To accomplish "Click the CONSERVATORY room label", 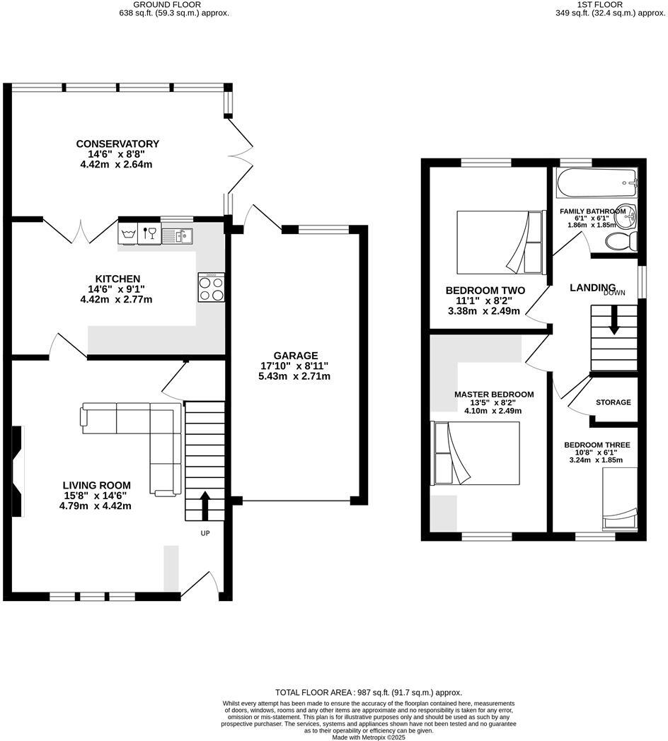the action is click(117, 144).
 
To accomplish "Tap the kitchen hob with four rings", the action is click(211, 287).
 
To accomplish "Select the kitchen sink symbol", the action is click(177, 235).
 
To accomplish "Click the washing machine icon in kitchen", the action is click(128, 233).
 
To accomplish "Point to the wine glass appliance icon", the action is click(149, 233).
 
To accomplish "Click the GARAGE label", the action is click(296, 356).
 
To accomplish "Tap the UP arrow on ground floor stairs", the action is click(205, 506).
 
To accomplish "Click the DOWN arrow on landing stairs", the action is click(614, 320).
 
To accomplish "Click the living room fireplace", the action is click(18, 471).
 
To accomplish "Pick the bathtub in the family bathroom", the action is click(597, 183).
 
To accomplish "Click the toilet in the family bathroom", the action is click(621, 242).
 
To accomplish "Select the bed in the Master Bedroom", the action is click(475, 453).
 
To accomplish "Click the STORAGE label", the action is click(613, 402).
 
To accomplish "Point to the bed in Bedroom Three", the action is click(620, 498).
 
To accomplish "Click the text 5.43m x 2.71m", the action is click(294, 377).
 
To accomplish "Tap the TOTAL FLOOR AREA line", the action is click(369, 692).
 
